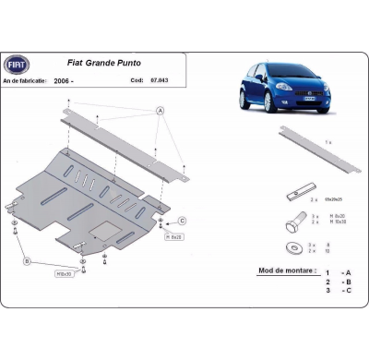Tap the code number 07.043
(x=163, y=81)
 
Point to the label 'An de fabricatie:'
(x=29, y=81)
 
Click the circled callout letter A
(x=161, y=110)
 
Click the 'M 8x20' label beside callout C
(x=173, y=235)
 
